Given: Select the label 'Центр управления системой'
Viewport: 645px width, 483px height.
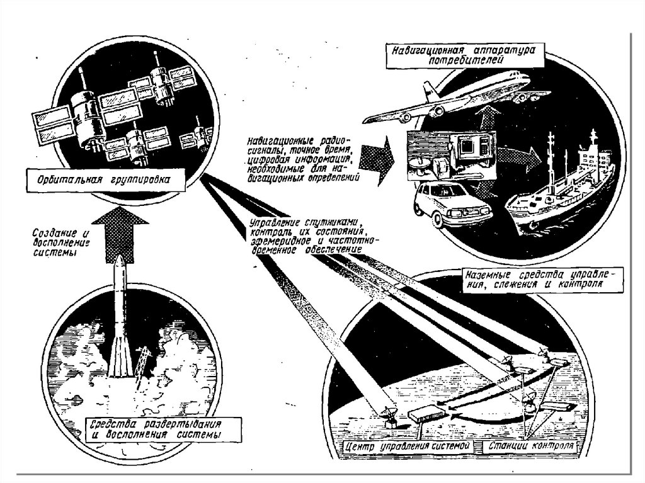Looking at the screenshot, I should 409,446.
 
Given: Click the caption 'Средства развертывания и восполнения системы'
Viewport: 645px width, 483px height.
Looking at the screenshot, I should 156,428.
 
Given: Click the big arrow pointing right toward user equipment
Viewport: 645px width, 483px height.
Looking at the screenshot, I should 380,160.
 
